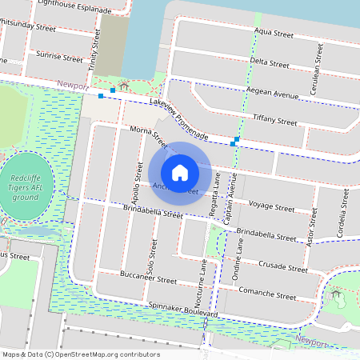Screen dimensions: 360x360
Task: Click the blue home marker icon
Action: click(180, 173)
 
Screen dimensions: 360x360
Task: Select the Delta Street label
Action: click(269, 62)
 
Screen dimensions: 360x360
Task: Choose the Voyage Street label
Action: click(271, 206)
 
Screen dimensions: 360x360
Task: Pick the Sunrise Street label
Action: click(59, 58)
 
